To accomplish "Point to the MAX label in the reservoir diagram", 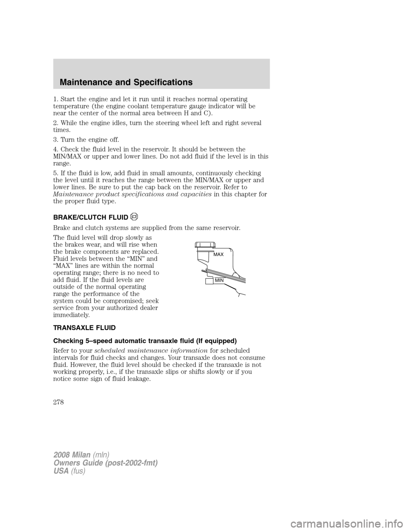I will point(218,254).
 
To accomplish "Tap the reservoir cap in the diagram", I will point(205,245).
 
